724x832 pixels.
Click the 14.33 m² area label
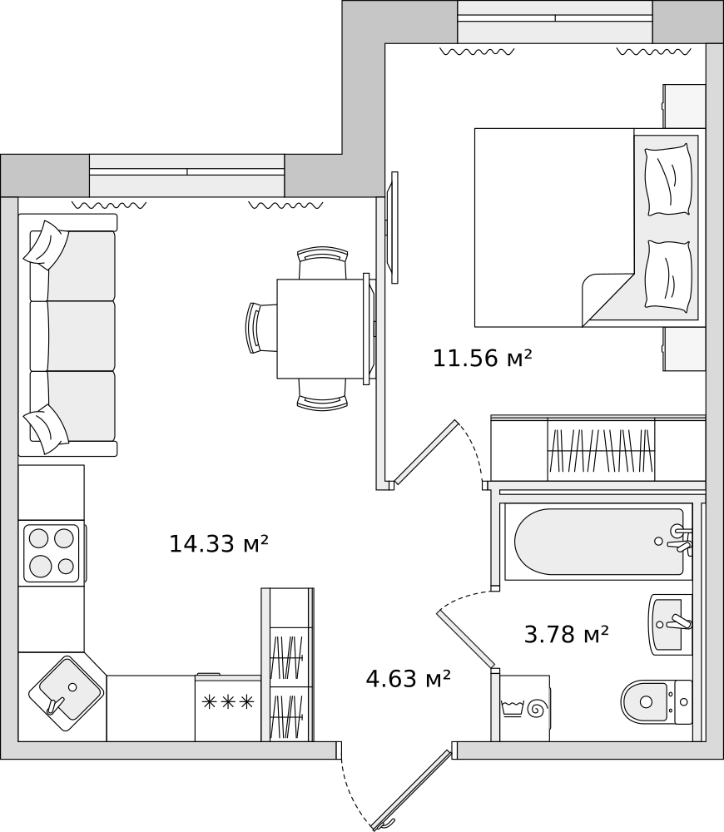(x=219, y=544)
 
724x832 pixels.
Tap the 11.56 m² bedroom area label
(x=482, y=358)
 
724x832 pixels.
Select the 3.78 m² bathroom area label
(x=566, y=634)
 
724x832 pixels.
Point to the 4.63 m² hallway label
(x=408, y=678)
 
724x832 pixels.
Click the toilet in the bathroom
(x=656, y=702)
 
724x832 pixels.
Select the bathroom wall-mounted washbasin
(x=671, y=625)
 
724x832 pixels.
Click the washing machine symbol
(x=524, y=708)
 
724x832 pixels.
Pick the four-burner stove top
(x=52, y=553)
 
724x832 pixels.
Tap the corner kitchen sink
(x=66, y=694)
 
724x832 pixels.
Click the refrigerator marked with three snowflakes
(x=228, y=707)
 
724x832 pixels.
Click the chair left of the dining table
(x=261, y=327)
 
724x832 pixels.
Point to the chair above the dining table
(x=323, y=263)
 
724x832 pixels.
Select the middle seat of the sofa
(x=72, y=336)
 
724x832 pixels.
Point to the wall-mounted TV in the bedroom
(x=394, y=227)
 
